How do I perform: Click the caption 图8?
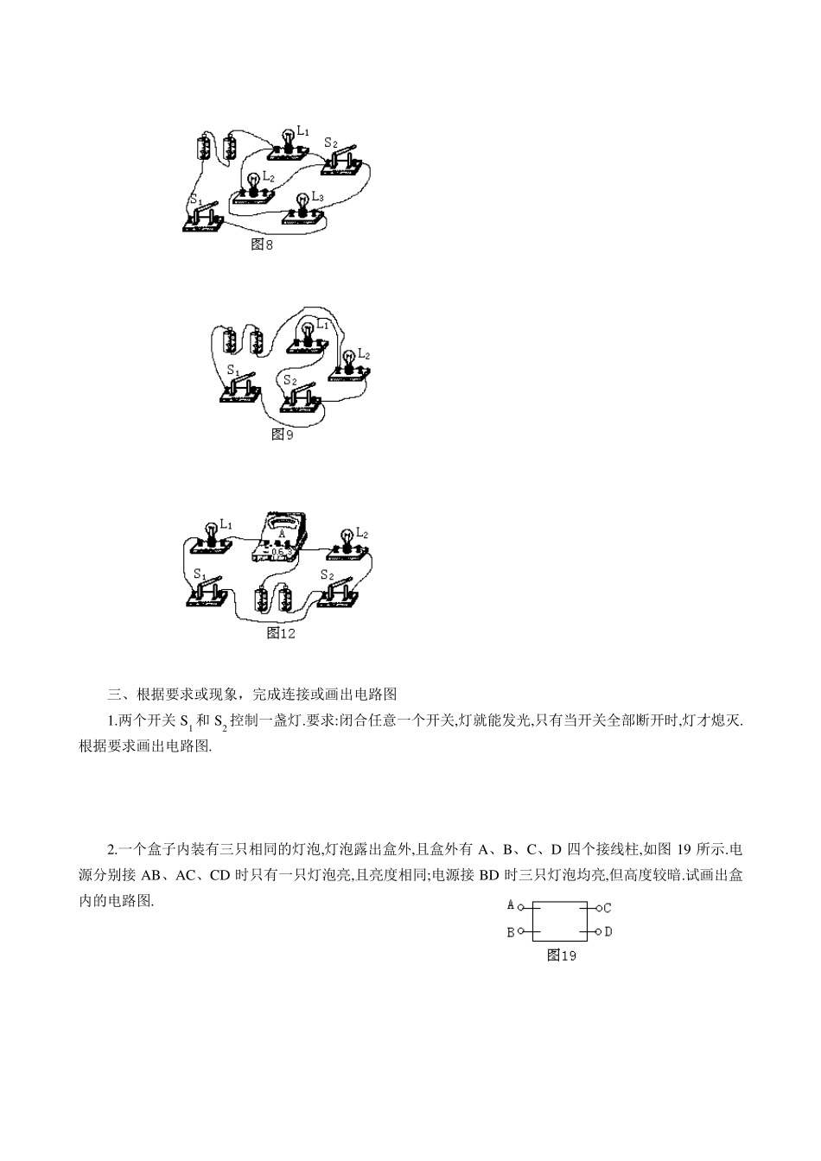click(261, 244)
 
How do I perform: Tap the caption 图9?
click(283, 435)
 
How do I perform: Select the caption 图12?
click(281, 633)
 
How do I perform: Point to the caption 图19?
click(562, 955)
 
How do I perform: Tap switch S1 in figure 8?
click(205, 218)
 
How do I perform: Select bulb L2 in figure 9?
click(349, 366)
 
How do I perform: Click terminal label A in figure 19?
click(511, 905)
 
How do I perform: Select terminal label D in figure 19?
click(608, 931)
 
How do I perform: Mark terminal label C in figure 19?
click(608, 908)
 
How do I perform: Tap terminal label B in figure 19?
click(511, 932)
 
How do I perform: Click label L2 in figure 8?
click(269, 178)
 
